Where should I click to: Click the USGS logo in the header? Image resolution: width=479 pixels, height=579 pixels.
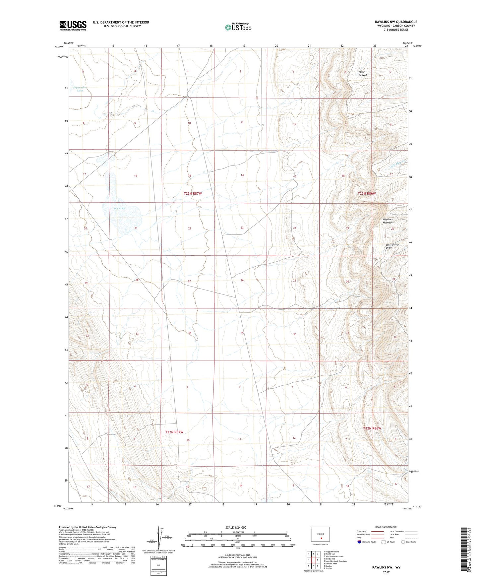pyautogui.click(x=73, y=26)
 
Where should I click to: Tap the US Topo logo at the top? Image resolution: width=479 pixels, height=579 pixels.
pyautogui.click(x=238, y=27)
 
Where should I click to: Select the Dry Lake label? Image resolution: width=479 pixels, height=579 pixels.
pyautogui.click(x=119, y=208)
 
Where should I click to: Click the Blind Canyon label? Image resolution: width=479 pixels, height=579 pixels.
pyautogui.click(x=362, y=74)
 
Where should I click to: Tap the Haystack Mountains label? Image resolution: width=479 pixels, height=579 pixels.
pyautogui.click(x=388, y=221)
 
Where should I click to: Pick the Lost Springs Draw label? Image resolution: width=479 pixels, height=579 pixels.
pyautogui.click(x=392, y=246)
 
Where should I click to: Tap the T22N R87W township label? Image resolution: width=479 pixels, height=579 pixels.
pyautogui.click(x=174, y=432)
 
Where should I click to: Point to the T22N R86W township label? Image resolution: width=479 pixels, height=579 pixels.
pyautogui.click(x=372, y=428)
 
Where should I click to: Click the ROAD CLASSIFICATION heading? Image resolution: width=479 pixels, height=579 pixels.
pyautogui.click(x=386, y=527)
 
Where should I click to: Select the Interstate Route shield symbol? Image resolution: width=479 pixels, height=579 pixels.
pyautogui.click(x=359, y=542)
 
